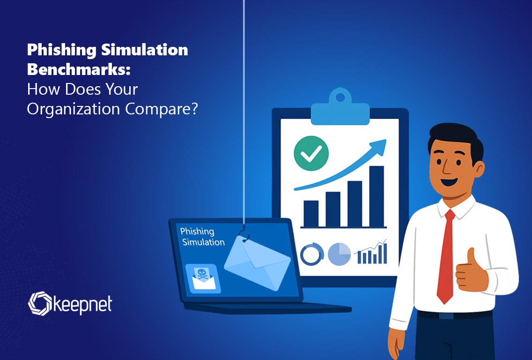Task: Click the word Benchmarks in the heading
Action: coord(78,69)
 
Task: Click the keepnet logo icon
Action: coord(40,303)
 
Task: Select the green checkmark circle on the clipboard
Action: coord(311,153)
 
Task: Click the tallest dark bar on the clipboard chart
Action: coord(376,196)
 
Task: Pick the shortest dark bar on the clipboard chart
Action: coord(311,214)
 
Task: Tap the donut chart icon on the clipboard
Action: coord(312,254)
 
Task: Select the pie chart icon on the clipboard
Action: coord(339,254)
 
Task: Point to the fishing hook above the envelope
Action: coord(244,233)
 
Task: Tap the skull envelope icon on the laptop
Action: coord(203,278)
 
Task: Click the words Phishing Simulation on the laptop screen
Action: coord(203,236)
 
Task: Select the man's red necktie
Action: coord(446,256)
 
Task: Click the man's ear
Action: coord(479,169)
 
